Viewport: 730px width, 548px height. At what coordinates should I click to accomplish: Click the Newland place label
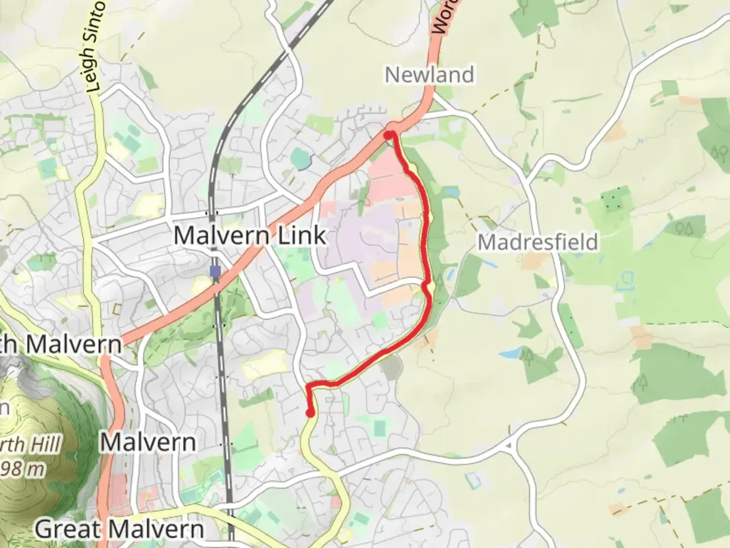[x=429, y=75]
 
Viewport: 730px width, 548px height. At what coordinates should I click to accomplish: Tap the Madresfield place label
[x=538, y=242]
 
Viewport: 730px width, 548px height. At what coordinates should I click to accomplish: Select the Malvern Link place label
[x=249, y=236]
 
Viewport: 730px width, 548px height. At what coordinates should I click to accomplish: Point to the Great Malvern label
[x=119, y=529]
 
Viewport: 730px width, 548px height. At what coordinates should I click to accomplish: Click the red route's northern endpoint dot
[x=388, y=135]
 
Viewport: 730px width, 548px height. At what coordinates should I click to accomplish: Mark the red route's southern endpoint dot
[x=310, y=413]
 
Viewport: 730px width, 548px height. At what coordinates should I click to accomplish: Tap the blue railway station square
[x=215, y=271]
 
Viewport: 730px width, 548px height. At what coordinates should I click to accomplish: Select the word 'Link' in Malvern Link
[x=302, y=236]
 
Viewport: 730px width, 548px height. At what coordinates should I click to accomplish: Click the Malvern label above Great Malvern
[x=148, y=442]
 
